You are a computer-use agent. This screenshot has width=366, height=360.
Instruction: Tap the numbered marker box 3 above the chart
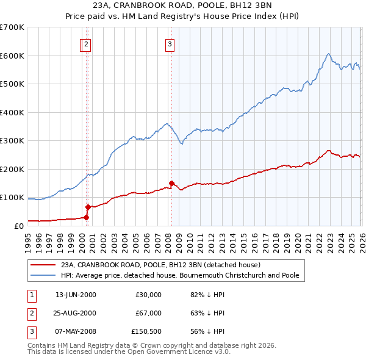coord(170,44)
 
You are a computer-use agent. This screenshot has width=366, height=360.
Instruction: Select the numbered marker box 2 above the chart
coord(87,44)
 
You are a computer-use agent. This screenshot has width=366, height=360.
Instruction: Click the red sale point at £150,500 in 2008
coord(171,183)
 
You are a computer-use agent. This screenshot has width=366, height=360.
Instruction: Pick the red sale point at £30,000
coord(86,217)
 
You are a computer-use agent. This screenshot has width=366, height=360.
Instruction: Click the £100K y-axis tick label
coord(12,198)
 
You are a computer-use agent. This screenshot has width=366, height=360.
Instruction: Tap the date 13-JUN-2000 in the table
coord(76,295)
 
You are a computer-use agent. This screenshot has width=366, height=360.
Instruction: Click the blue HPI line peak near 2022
coord(328,54)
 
